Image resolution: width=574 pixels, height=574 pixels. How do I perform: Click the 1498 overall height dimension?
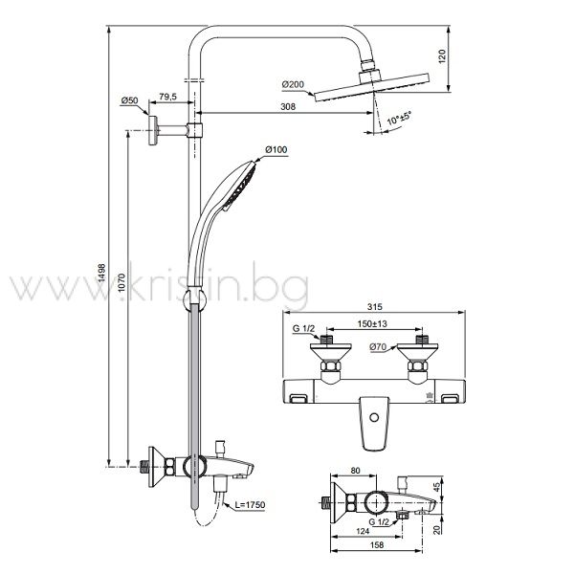tap(101, 273)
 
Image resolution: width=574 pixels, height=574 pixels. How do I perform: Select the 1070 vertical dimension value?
tap(121, 282)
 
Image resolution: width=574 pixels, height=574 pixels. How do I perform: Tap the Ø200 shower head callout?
tap(293, 84)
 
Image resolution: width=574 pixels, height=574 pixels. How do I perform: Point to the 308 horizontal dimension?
tap(288, 106)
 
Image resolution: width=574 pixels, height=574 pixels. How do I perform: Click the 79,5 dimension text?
tap(167, 97)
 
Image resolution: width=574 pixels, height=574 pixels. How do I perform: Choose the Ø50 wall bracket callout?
tap(129, 100)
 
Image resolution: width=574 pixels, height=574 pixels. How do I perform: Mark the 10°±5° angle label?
tap(399, 118)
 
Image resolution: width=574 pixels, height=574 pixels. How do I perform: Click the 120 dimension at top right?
tap(442, 56)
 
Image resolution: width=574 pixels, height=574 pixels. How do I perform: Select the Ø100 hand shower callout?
tap(276, 149)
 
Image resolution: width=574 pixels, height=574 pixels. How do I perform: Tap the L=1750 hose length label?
tap(250, 505)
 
